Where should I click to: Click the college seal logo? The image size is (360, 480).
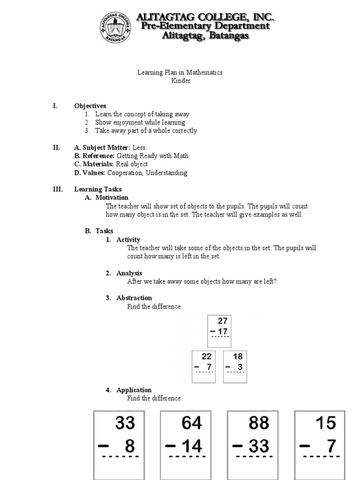pos(115,27)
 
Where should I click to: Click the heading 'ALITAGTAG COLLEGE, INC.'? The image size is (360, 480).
pos(205,18)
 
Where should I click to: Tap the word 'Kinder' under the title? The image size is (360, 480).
pos(180,81)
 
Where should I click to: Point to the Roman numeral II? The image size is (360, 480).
pos(56,148)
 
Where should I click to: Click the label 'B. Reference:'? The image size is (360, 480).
pos(94,156)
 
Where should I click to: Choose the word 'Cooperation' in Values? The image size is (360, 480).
pos(124,172)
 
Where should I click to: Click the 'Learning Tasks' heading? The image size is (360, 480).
pos(97,189)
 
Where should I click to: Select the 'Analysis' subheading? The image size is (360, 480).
pos(129,273)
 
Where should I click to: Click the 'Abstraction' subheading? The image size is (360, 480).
pos(134,298)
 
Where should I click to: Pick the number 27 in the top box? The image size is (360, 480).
pos(222,321)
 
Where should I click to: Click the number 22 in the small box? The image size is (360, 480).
pos(207,356)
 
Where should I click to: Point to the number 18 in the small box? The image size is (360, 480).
pos(238,356)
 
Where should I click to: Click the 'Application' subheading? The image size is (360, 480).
pos(134,390)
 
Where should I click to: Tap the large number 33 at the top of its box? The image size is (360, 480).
pos(125,423)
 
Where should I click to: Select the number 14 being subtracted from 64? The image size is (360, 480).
pos(192,446)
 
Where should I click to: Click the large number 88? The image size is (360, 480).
pos(258,423)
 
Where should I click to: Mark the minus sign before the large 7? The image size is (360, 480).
pos(305,446)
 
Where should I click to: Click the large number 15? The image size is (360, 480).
pos(325,423)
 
